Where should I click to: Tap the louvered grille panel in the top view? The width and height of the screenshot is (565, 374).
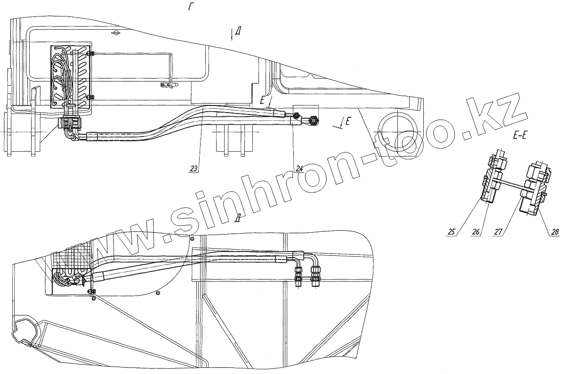pos(69,76)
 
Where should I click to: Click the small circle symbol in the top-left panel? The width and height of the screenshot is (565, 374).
pos(116,33)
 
